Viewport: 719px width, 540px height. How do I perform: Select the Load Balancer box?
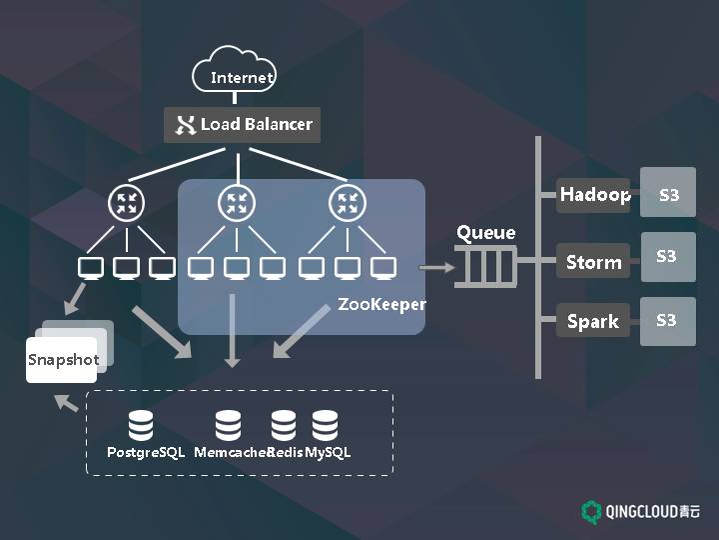click(243, 125)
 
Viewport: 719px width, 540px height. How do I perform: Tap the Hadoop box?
click(593, 194)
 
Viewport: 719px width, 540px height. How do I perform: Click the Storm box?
click(593, 262)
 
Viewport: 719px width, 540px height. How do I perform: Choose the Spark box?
click(593, 321)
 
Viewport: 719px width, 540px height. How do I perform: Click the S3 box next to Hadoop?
click(668, 194)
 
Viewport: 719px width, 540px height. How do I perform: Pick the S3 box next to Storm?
click(667, 258)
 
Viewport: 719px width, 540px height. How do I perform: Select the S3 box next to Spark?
click(667, 320)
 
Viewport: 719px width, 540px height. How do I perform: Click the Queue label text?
click(486, 233)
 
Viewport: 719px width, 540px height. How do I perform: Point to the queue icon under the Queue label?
click(487, 267)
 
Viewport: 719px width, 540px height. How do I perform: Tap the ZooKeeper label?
click(381, 304)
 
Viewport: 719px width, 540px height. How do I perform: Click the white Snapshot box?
click(62, 360)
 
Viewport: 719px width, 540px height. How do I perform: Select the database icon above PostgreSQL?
click(141, 425)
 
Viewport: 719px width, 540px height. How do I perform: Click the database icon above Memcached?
click(230, 425)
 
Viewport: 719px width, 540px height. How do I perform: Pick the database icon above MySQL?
click(325, 425)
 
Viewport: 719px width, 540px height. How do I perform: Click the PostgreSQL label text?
click(146, 452)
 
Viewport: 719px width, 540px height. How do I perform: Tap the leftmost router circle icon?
click(127, 204)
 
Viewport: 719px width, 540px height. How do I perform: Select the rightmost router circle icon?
click(347, 204)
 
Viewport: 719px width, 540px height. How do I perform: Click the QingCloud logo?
click(641, 511)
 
